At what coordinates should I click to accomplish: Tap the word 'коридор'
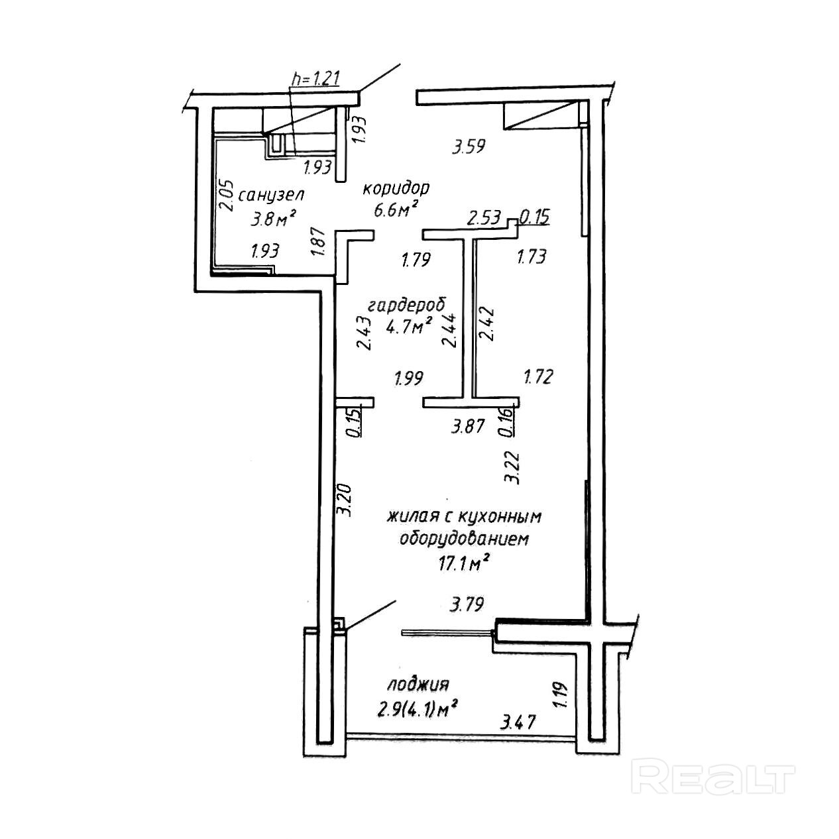tap(396, 188)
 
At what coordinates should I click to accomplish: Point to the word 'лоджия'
tap(419, 684)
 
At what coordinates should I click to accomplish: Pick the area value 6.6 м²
tap(396, 211)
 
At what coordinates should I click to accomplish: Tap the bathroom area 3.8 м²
tap(272, 217)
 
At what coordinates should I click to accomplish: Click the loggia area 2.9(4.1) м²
tap(418, 710)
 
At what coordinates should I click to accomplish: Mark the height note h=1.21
tap(315, 78)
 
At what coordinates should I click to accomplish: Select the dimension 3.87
tap(469, 426)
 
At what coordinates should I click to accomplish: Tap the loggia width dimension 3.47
tap(519, 721)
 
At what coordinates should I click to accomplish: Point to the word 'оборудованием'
tap(464, 539)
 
